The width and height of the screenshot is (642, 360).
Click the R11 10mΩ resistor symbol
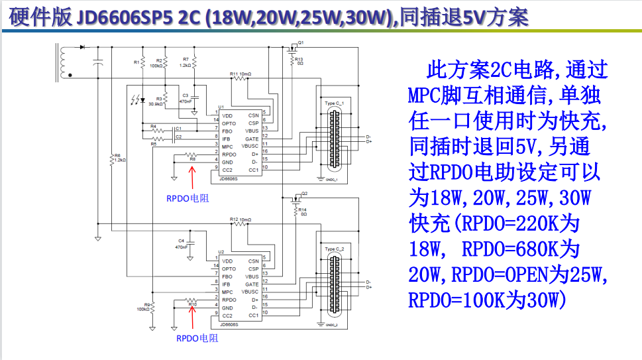click(240, 78)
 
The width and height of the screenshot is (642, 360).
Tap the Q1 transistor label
click(301, 42)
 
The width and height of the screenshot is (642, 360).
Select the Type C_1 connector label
click(335, 104)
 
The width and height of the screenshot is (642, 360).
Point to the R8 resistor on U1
click(192, 154)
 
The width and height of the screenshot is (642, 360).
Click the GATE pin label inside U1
click(252, 139)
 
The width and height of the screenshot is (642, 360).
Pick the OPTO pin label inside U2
click(229, 269)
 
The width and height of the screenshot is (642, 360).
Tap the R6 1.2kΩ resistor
click(112, 159)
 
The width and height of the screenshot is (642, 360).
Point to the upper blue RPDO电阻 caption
click(187, 198)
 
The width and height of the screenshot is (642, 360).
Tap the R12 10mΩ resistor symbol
click(240, 224)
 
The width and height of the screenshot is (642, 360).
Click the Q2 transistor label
click(304, 193)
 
